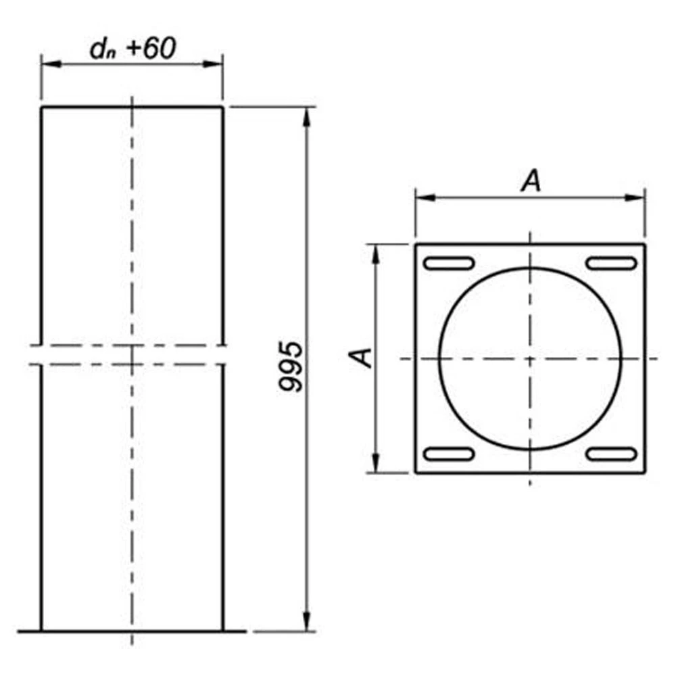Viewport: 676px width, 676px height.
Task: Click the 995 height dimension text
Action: (x=291, y=366)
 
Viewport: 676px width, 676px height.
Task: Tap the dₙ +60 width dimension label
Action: (x=132, y=48)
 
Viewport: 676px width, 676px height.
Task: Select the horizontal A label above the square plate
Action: (x=531, y=180)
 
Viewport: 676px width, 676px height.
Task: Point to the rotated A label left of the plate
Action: (x=360, y=358)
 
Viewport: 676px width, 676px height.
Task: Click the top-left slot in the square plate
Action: (x=449, y=263)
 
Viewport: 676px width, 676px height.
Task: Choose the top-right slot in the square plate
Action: (x=611, y=263)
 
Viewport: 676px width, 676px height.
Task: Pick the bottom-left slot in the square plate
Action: (x=449, y=454)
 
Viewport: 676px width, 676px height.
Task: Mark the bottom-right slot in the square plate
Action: (x=611, y=454)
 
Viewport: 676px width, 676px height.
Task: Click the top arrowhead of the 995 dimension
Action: (x=306, y=117)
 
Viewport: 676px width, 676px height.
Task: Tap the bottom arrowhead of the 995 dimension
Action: (x=306, y=621)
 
